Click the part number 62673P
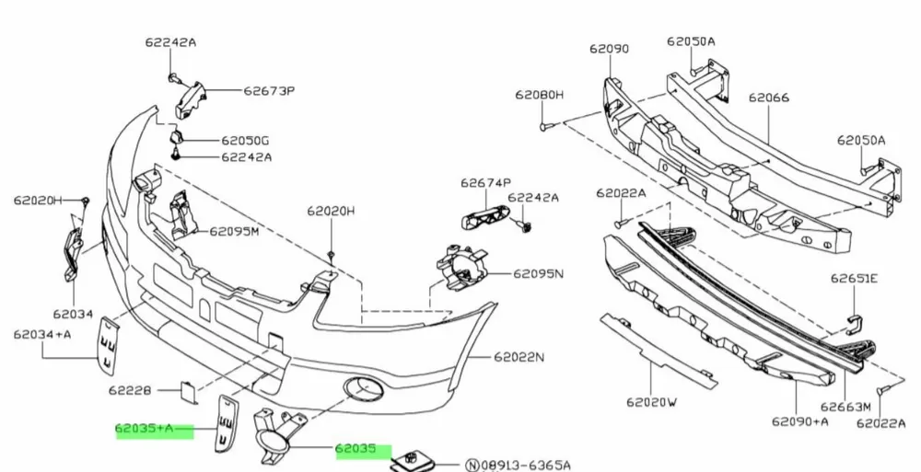[269, 91]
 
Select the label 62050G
[245, 141]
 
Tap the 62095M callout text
[234, 231]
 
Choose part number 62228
[129, 389]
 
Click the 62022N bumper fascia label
[519, 356]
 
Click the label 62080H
[540, 95]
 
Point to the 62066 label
[768, 96]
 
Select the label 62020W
[652, 401]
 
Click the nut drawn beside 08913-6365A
[409, 461]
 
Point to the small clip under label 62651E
[853, 319]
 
